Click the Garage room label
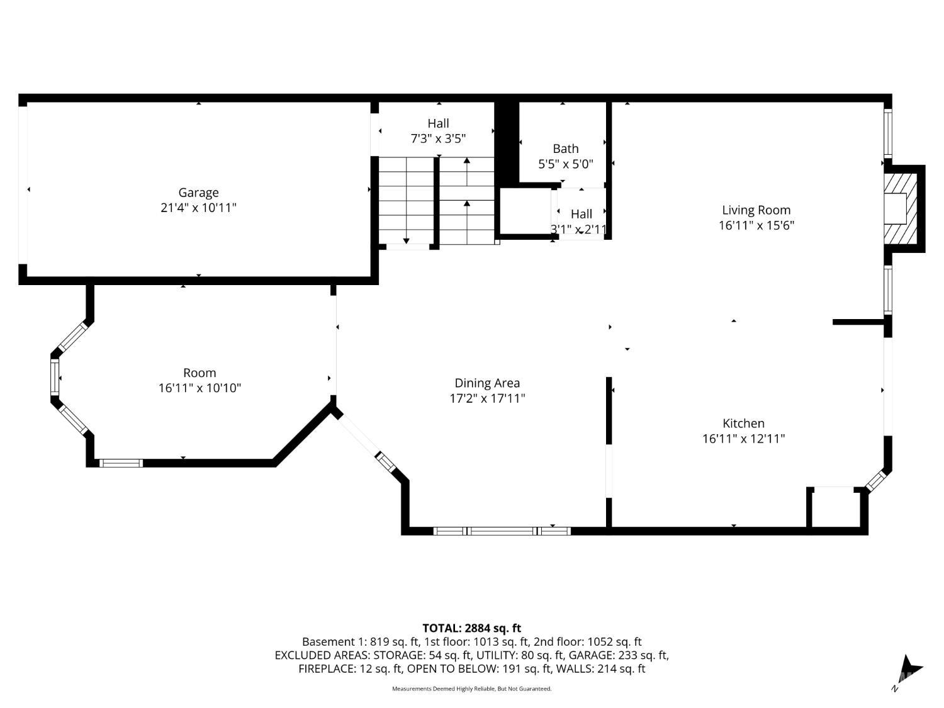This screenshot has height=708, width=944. (x=198, y=193)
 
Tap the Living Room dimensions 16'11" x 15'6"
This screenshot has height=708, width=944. (x=756, y=225)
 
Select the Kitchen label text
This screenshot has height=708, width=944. (x=743, y=424)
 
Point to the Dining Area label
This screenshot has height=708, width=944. (x=487, y=383)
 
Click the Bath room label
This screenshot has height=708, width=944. (x=566, y=149)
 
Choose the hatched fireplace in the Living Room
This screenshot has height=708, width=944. (x=900, y=208)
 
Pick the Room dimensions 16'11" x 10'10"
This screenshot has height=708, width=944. (x=199, y=388)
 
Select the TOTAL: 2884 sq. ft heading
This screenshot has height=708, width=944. (x=472, y=629)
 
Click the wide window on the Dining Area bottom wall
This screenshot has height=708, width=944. (x=502, y=531)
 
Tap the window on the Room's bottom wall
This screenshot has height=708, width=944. (x=121, y=463)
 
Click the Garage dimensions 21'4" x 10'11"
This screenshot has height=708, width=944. (x=198, y=208)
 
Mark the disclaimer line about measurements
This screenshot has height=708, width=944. (x=472, y=688)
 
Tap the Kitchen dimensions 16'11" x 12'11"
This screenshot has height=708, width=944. (x=744, y=439)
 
